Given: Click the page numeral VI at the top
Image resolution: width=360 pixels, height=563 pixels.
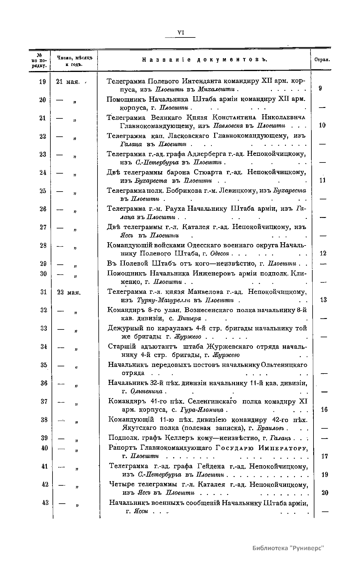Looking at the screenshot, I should coord(181,33).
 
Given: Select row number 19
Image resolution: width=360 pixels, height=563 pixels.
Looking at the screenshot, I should coord(43,82).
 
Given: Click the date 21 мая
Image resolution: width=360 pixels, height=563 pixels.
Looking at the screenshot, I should coord(68,82).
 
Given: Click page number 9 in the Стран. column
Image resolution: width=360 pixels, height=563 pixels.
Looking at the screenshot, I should coord(321,88).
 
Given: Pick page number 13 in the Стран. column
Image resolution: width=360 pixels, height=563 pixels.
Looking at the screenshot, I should coord(323,299).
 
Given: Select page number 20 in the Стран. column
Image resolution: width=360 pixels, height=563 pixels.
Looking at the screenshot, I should coord(325,493).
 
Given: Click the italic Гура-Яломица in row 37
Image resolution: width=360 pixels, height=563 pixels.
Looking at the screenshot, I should coord(202,410).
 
